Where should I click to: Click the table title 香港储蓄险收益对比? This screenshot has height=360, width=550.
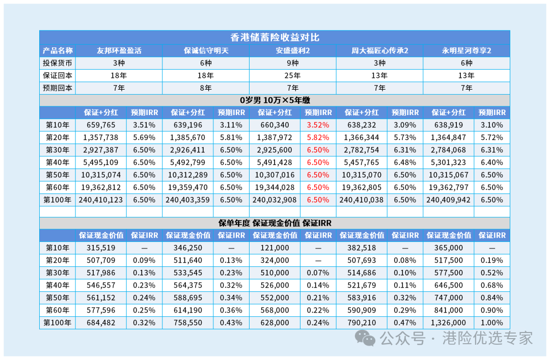[x=274, y=37]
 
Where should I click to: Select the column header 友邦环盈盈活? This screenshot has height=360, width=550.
[x=119, y=50]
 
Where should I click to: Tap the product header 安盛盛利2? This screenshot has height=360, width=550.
[x=292, y=50]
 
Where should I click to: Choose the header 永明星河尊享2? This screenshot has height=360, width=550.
[x=466, y=50]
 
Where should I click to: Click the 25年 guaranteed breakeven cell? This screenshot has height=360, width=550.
[x=292, y=75]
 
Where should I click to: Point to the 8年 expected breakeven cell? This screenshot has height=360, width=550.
[x=206, y=88]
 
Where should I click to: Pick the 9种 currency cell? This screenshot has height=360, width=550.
[x=292, y=63]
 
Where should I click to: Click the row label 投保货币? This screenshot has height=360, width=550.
[x=58, y=63]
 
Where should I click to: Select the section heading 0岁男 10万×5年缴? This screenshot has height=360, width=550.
[x=274, y=100]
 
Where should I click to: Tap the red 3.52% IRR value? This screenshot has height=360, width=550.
[x=318, y=125]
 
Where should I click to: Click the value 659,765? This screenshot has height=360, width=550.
[x=101, y=125]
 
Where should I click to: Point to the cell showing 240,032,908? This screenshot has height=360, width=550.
[x=274, y=200]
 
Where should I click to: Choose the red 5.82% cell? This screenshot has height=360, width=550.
[x=318, y=137]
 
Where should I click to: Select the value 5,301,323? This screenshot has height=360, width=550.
[x=448, y=162]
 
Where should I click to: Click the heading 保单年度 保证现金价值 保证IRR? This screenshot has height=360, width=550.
[x=274, y=223]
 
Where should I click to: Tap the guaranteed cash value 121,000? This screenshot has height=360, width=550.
[x=274, y=247]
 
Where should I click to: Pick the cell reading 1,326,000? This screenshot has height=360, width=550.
[x=448, y=323]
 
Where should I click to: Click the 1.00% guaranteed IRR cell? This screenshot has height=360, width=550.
[x=492, y=323]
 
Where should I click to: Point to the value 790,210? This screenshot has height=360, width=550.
[x=361, y=323]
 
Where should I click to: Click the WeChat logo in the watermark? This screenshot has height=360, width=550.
[x=365, y=338]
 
